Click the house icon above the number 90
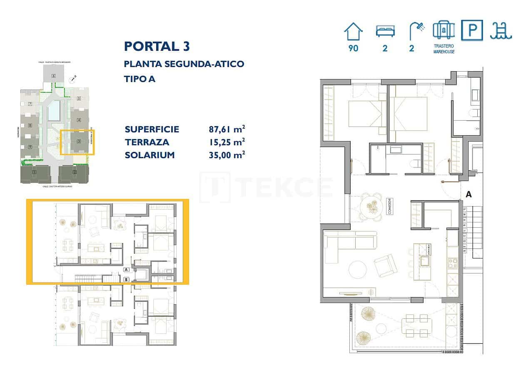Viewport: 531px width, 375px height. [x=353, y=31]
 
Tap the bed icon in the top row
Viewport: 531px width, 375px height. [x=385, y=31]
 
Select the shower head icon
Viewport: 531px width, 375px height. [x=416, y=30]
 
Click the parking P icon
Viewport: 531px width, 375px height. [x=472, y=30]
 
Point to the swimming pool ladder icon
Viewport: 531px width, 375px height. [x=501, y=31]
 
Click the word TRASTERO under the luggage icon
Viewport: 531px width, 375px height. [x=444, y=46]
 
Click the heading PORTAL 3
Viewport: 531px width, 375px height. [x=157, y=46]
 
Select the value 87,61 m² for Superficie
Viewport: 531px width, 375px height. [x=227, y=129]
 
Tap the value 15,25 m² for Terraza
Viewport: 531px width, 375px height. [x=227, y=142]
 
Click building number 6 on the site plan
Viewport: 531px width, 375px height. [x=54, y=76]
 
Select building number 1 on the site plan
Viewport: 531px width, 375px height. [x=34, y=172]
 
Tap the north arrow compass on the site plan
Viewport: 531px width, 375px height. [x=73, y=78]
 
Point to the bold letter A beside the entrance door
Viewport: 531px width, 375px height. [x=469, y=194]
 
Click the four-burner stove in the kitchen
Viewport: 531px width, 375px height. [x=452, y=263]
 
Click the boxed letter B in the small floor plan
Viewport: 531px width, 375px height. [x=126, y=280]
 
